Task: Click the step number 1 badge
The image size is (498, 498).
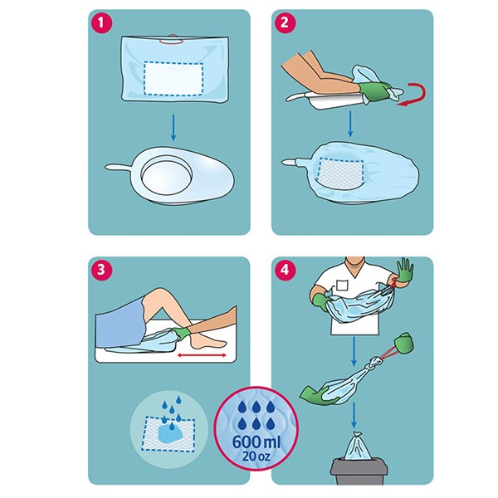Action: coord(101,23)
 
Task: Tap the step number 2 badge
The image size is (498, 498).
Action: coord(284,23)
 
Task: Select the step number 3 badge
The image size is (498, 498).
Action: coord(101,270)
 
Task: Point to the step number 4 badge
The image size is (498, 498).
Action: coord(284,270)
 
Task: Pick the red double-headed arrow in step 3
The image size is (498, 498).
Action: coord(202,355)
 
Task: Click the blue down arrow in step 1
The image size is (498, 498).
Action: coord(173,128)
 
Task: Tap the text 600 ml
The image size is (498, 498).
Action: coord(256,442)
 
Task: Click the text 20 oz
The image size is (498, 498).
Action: coord(256,456)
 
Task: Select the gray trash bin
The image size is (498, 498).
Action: coord(359,471)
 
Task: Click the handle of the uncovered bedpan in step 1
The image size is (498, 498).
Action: coord(118,167)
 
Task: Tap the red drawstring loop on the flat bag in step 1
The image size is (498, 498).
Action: coord(172,40)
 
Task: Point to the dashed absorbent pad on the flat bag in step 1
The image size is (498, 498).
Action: coord(173,78)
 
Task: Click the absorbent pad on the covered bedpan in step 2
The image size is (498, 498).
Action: coord(341,173)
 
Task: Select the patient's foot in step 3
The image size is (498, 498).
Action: coord(208,340)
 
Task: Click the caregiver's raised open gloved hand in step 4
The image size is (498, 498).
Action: coord(403,271)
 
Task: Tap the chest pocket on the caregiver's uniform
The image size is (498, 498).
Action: coord(342,285)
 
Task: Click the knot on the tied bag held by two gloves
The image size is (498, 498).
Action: coord(375,362)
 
